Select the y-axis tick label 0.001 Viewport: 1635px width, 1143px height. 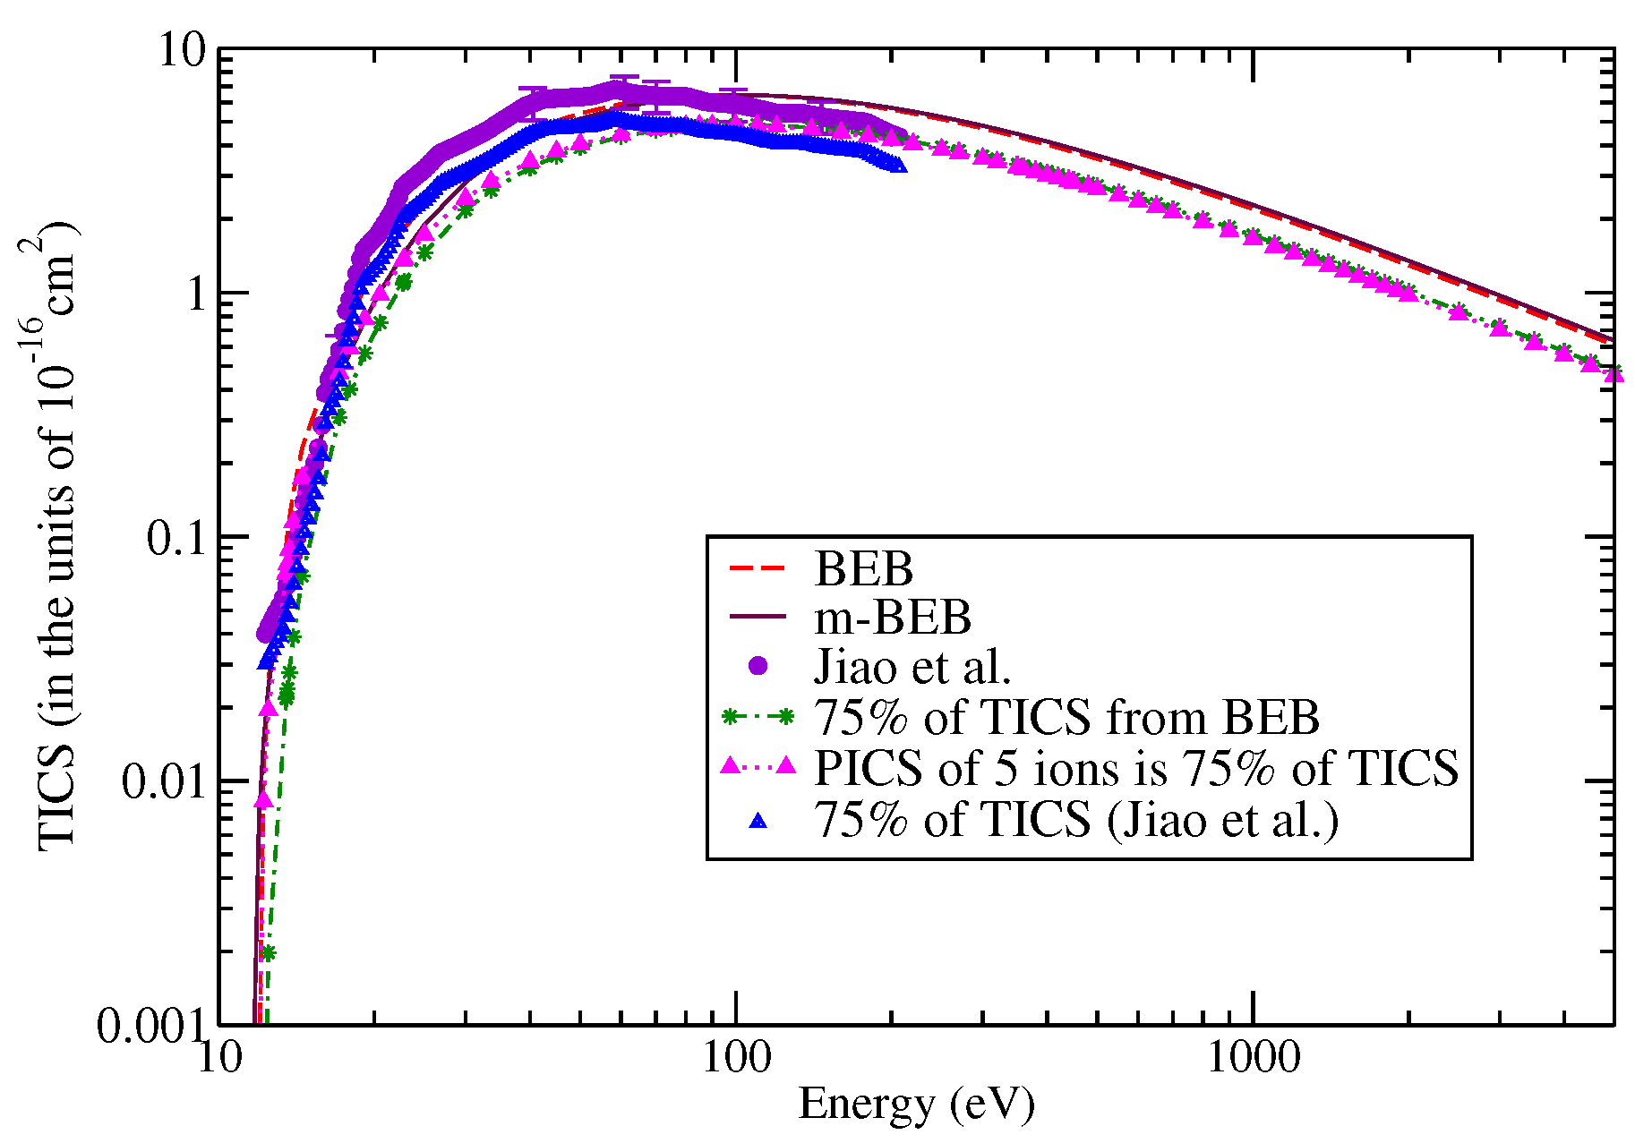coord(152,1026)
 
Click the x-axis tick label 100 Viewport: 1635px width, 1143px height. coord(736,1058)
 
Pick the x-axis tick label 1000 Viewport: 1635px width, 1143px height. coord(1253,1058)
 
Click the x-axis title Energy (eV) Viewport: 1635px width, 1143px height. coord(916,1105)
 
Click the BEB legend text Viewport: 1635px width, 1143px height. coord(863,569)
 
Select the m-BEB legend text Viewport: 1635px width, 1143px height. coord(893,618)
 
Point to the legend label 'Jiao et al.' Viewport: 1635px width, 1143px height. coord(912,667)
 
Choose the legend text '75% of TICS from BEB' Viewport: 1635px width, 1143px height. coord(1066,717)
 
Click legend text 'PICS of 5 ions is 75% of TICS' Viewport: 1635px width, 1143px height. coord(1136,767)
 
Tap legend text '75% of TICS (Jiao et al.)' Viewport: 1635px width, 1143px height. coord(1076,818)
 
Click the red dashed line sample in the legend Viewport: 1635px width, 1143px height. coord(758,567)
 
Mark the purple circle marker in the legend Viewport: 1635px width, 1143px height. coord(758,666)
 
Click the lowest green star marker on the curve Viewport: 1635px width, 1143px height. coord(268,954)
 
